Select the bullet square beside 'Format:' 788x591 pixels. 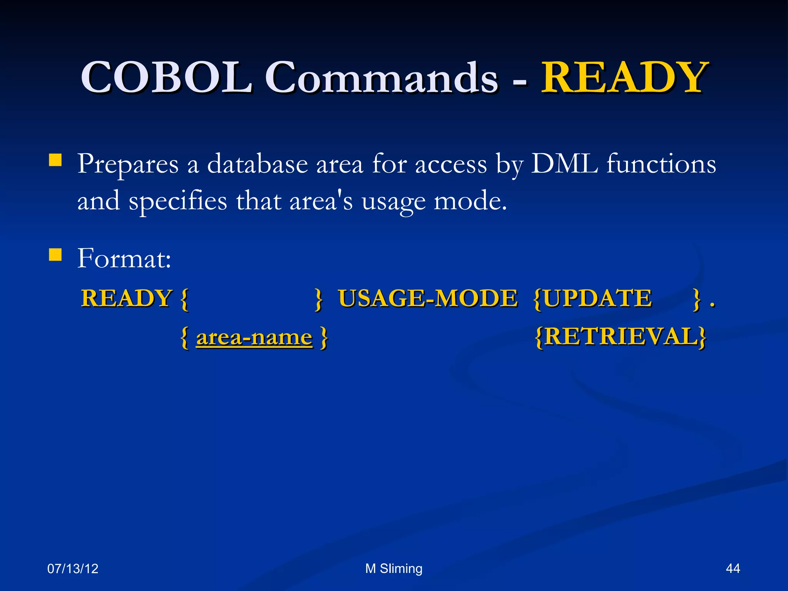pos(55,255)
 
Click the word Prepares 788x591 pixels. pos(128,165)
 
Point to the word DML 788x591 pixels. pos(564,164)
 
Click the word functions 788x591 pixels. pos(661,164)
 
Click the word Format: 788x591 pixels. pos(124,258)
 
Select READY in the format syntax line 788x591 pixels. pos(126,298)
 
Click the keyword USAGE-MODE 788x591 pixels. pos(428,298)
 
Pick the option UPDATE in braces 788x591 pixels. pos(597,298)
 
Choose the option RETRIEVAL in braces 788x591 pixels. pos(621,337)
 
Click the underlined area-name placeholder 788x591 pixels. pos(254,337)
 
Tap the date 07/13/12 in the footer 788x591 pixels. pos(73,569)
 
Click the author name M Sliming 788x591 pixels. pos(394,569)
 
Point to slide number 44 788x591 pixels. pos(733,569)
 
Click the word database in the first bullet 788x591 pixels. pos(257,164)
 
